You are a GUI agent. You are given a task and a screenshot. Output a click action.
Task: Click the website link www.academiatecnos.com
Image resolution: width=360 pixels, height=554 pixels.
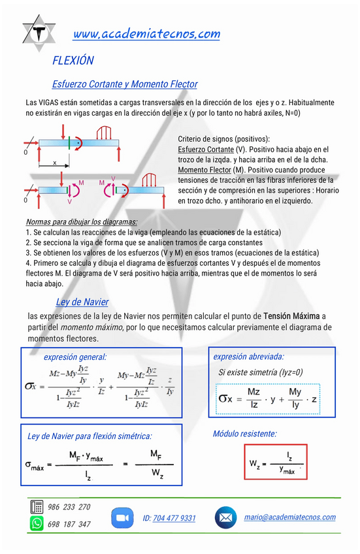146,34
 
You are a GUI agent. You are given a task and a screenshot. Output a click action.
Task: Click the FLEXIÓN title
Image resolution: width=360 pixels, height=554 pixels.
73,61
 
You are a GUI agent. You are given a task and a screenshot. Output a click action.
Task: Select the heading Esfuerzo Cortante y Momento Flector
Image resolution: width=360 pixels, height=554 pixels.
124,84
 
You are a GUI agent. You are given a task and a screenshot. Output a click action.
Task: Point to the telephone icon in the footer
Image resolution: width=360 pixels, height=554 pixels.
37,507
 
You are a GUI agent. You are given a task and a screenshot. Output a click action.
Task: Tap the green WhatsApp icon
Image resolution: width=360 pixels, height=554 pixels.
37,523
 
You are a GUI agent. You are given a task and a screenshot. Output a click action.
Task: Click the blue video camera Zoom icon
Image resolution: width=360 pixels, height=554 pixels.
122,517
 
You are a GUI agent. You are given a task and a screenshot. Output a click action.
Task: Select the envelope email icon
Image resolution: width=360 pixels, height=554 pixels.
225,517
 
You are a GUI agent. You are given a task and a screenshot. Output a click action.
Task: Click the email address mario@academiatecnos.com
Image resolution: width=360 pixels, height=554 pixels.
289,517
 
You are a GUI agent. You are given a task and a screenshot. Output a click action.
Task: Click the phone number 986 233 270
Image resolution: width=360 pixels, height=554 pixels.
69,507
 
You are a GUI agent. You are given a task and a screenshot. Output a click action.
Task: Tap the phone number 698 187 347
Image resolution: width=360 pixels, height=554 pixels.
69,524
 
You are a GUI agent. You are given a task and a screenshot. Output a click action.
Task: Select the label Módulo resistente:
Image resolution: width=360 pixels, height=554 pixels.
244,434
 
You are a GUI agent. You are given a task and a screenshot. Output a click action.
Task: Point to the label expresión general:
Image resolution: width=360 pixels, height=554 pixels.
75,357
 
